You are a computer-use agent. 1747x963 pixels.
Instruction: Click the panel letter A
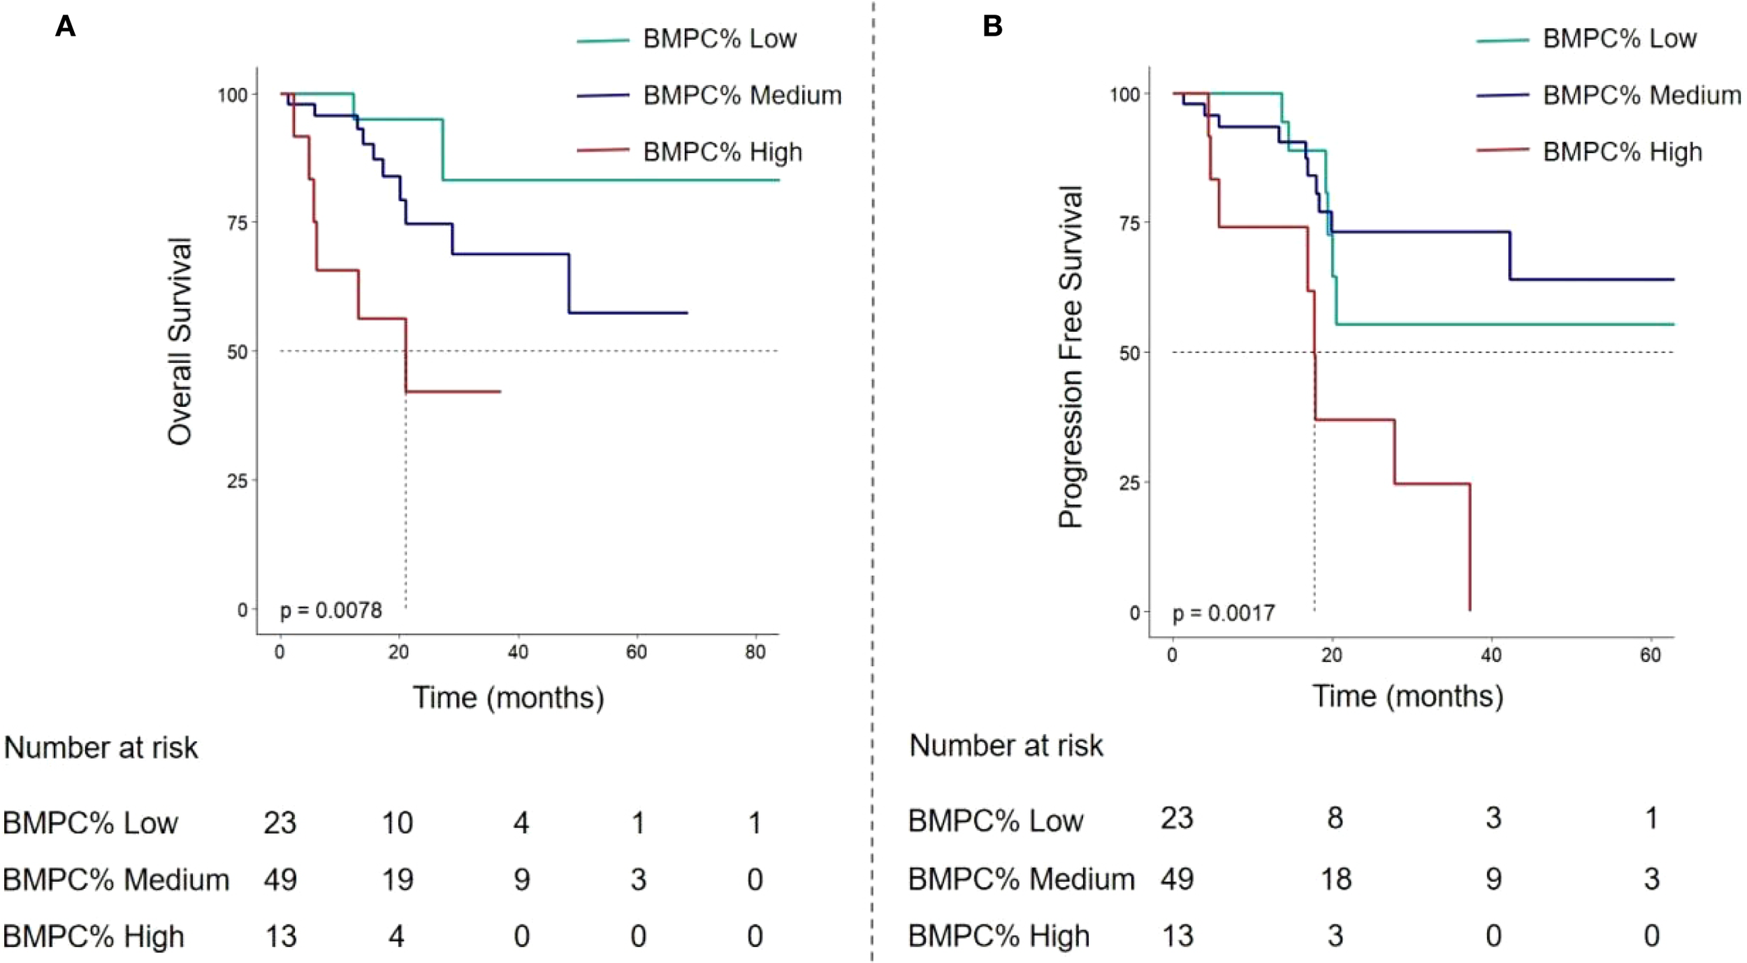tap(65, 27)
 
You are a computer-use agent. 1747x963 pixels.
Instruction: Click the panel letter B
tap(992, 27)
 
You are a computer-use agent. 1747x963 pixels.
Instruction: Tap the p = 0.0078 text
tap(331, 610)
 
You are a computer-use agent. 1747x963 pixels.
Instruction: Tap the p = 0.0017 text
tap(1223, 613)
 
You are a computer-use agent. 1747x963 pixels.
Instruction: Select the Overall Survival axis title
tap(180, 341)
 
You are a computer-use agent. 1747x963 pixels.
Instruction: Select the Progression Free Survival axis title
tap(1070, 356)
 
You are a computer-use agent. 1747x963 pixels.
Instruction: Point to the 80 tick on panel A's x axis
tap(755, 652)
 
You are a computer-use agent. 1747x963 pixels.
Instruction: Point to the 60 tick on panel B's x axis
tap(1651, 655)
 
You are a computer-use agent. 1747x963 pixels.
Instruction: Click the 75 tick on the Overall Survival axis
tap(238, 223)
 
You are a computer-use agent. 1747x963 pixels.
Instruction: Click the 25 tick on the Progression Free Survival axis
tap(1129, 483)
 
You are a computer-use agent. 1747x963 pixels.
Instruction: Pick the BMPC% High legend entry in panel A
tap(722, 152)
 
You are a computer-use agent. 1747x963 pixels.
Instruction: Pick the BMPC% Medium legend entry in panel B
tap(1641, 95)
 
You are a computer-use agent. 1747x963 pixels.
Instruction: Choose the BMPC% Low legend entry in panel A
tap(719, 38)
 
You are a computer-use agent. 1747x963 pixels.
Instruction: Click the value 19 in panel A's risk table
tap(397, 879)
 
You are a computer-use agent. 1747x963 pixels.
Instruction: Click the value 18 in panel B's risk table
tap(1335, 878)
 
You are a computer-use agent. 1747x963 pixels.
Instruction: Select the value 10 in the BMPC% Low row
tap(397, 823)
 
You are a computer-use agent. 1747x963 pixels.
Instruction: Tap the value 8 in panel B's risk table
tap(1335, 818)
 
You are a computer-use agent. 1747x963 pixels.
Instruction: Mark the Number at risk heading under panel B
tap(1006, 746)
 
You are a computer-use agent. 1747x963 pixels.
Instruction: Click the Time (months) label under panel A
tap(508, 697)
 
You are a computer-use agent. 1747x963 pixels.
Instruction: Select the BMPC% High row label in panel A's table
tap(94, 936)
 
